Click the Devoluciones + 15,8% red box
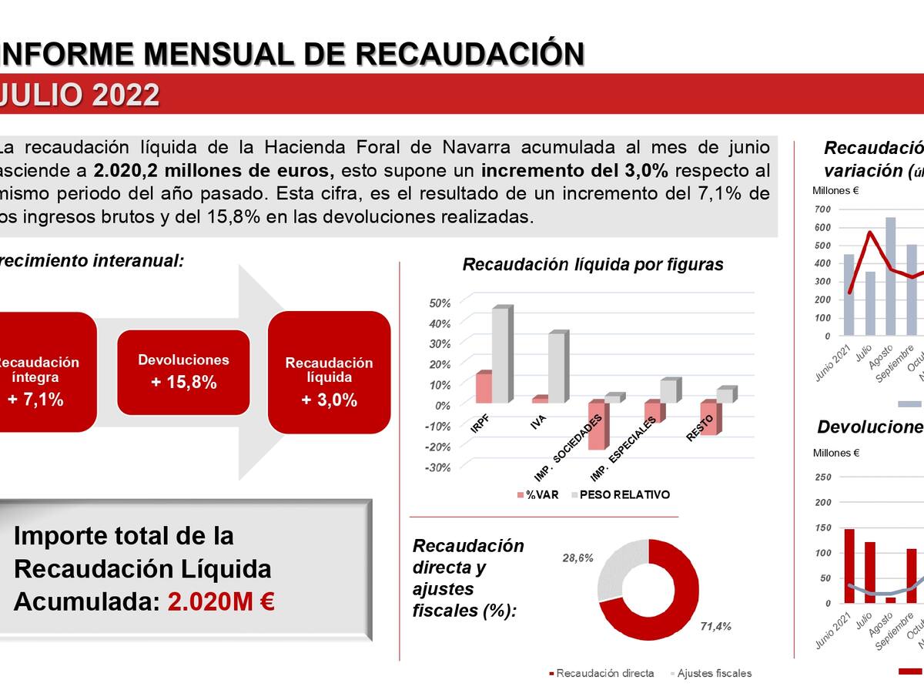pos(183,371)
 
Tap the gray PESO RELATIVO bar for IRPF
pos(500,354)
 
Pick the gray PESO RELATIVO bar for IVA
pos(557,367)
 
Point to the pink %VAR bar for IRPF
pos(484,387)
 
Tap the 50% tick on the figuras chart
pos(440,303)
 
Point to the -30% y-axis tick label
pos(438,467)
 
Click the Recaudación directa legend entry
pos(602,673)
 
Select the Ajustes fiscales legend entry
pos(711,673)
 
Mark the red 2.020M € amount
pos(221,601)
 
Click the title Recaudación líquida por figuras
pos(592,265)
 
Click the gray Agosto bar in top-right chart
pos(890,276)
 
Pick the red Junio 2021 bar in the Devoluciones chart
pos(849,566)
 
